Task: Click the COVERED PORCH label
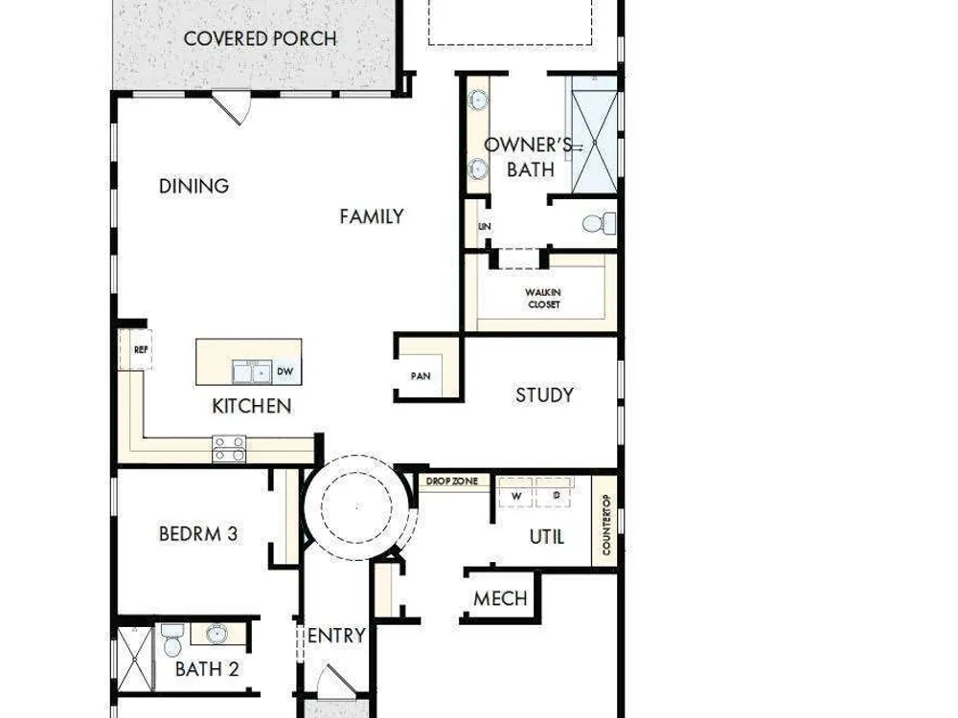click(x=261, y=39)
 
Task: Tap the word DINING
click(x=194, y=187)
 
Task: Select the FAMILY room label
click(x=372, y=216)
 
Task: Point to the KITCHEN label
click(x=252, y=406)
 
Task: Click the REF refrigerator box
click(x=136, y=349)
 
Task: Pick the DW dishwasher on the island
click(x=285, y=371)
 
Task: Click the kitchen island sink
click(x=252, y=371)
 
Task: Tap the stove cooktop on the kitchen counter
click(x=229, y=449)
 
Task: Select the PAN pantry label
click(x=421, y=376)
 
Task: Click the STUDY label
click(x=544, y=395)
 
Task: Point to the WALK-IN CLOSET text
click(x=543, y=299)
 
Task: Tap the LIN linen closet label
click(x=485, y=227)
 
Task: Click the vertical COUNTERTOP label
click(x=606, y=525)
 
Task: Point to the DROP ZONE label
click(x=452, y=482)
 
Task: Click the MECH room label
click(x=500, y=599)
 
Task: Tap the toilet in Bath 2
click(x=172, y=639)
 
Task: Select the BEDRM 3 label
click(x=198, y=534)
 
